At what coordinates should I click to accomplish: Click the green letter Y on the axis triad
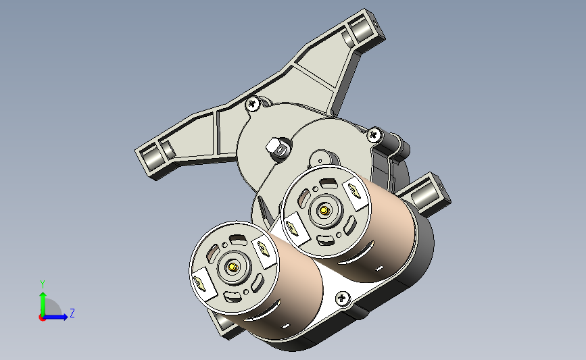click(43, 284)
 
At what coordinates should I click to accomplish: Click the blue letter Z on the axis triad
click(72, 313)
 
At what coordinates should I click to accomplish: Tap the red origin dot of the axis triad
click(42, 318)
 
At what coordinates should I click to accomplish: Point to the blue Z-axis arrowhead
click(65, 317)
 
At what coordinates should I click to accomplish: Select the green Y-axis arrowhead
click(43, 296)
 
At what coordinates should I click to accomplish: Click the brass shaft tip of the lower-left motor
click(233, 267)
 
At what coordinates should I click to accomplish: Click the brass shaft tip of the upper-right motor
click(324, 211)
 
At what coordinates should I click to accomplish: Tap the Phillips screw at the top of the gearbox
click(253, 103)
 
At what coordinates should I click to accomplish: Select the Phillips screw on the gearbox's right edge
click(374, 134)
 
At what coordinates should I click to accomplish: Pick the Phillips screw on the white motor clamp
click(342, 298)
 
